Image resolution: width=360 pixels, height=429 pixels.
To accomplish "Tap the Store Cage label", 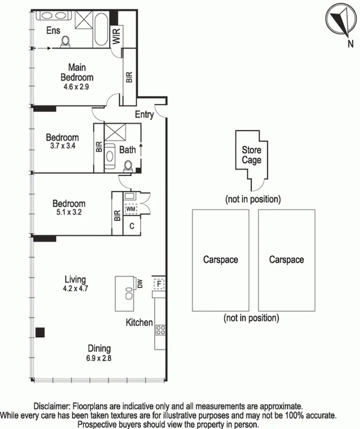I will [x=251, y=155].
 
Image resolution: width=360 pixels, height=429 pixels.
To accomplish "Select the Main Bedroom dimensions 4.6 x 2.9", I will [x=80, y=87].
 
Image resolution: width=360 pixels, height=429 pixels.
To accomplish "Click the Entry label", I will [x=145, y=114].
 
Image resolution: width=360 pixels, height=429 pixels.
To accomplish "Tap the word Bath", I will [x=127, y=150].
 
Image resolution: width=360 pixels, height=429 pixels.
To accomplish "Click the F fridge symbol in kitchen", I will [x=159, y=283].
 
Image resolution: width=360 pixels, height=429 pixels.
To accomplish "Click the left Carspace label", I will [x=220, y=260].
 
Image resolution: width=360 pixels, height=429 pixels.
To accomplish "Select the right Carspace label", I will [x=286, y=260].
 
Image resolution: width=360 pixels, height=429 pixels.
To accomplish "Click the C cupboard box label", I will [x=132, y=225].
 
